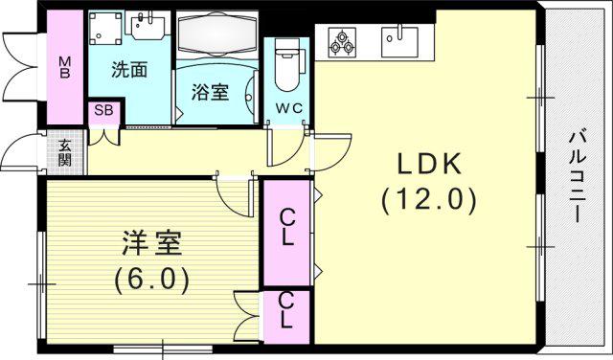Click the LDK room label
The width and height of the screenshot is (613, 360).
click(x=429, y=164)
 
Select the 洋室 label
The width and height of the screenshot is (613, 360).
click(x=151, y=243)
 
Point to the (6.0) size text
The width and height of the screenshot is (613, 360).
click(x=151, y=279)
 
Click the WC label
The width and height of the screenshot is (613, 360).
click(x=288, y=108)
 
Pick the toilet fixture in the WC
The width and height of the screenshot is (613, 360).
click(x=288, y=64)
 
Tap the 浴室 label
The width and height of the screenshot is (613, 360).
click(x=211, y=92)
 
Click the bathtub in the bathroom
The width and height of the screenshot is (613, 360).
click(x=217, y=34)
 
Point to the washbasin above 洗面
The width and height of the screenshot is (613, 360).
click(x=148, y=26)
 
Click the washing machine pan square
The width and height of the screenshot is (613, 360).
click(x=105, y=28)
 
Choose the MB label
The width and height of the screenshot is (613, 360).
click(x=65, y=67)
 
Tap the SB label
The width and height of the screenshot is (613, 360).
click(x=103, y=110)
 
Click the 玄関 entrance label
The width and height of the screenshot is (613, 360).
click(x=64, y=152)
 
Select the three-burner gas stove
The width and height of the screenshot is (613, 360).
click(x=343, y=42)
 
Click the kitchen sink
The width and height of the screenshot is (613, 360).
click(x=399, y=41)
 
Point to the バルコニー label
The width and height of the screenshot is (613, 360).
click(x=578, y=177)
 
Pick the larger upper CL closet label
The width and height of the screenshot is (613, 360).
click(x=287, y=227)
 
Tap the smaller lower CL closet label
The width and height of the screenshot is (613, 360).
click(x=286, y=310)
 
